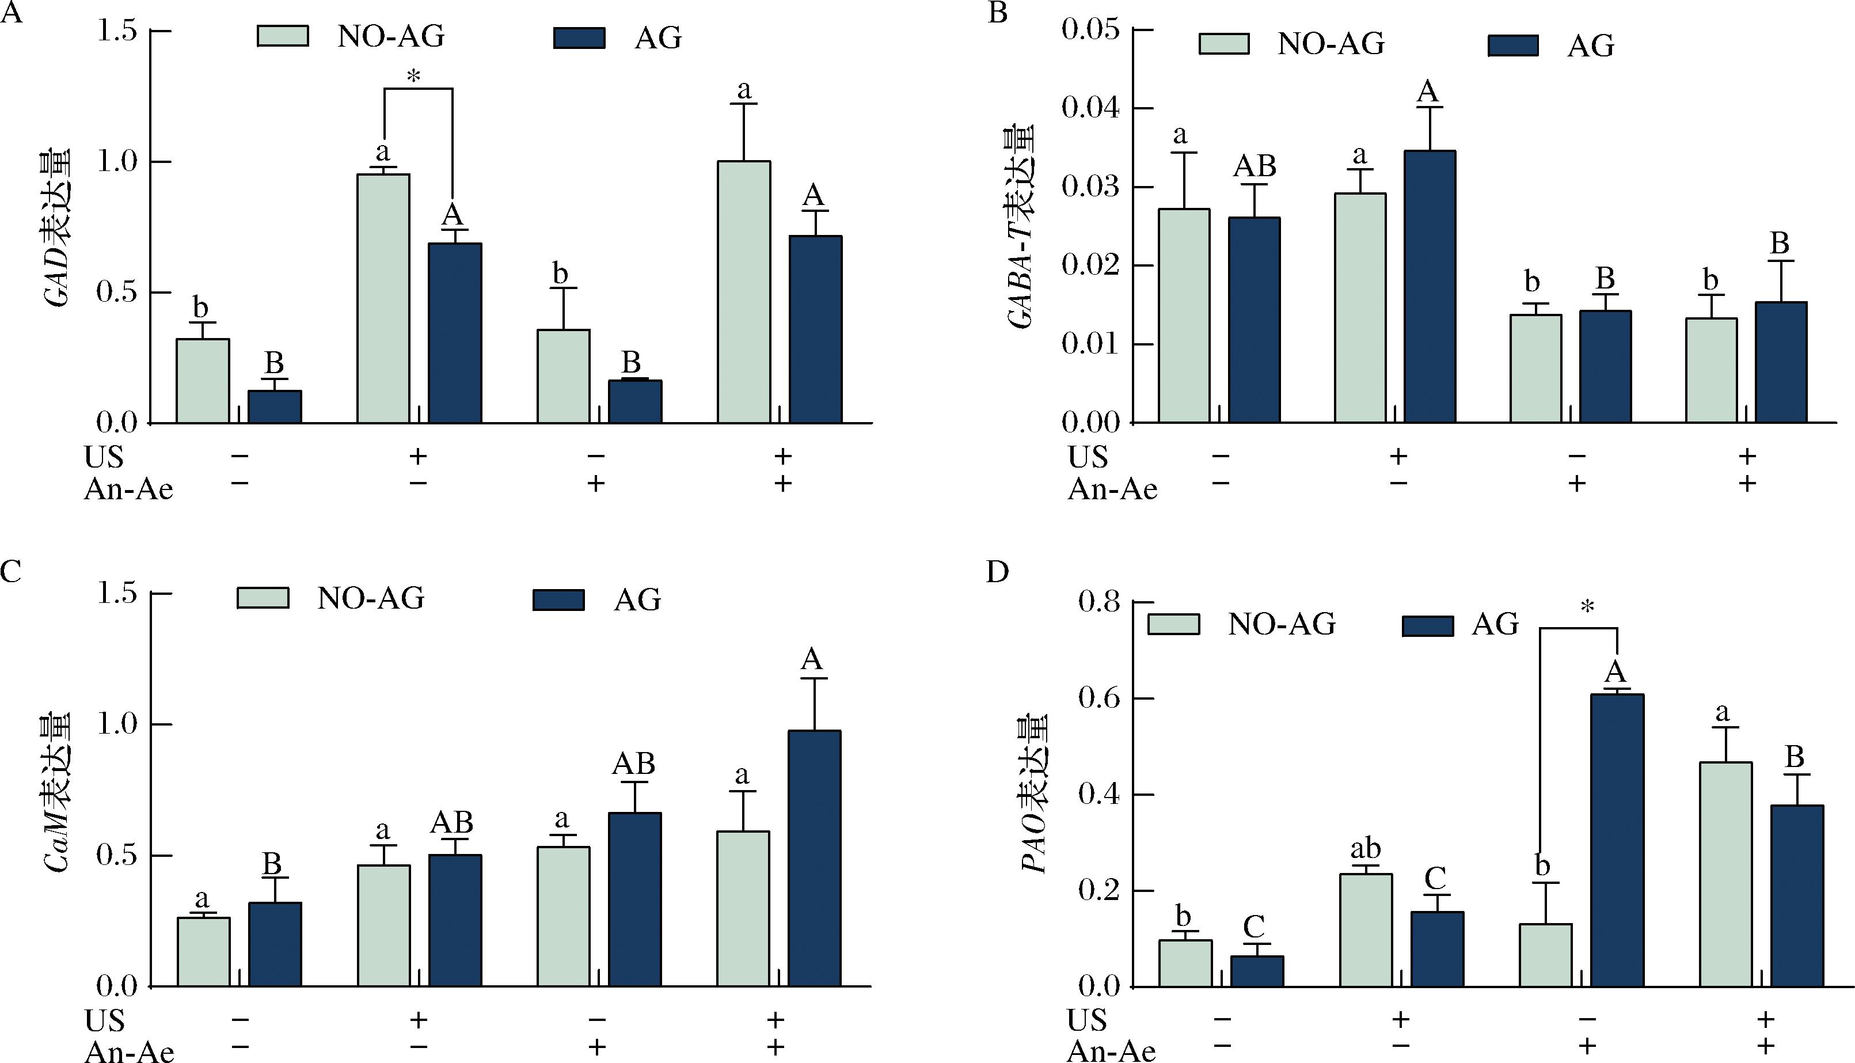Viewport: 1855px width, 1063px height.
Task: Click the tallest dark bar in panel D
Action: [x=1617, y=840]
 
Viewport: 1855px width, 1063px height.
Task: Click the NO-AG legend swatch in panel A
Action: [x=283, y=36]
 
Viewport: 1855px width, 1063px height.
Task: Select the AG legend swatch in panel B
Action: [x=1513, y=45]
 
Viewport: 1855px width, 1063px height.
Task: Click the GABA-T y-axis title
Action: [x=1021, y=228]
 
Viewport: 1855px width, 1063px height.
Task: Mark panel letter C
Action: [x=10, y=572]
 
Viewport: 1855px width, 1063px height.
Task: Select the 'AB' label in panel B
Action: [x=1255, y=166]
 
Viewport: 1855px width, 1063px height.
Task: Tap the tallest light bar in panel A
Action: [x=744, y=292]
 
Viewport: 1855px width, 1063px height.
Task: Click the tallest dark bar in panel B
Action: [x=1430, y=286]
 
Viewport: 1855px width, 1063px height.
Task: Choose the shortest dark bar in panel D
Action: [x=1257, y=971]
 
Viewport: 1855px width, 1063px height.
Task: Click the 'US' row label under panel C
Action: [x=104, y=1020]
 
